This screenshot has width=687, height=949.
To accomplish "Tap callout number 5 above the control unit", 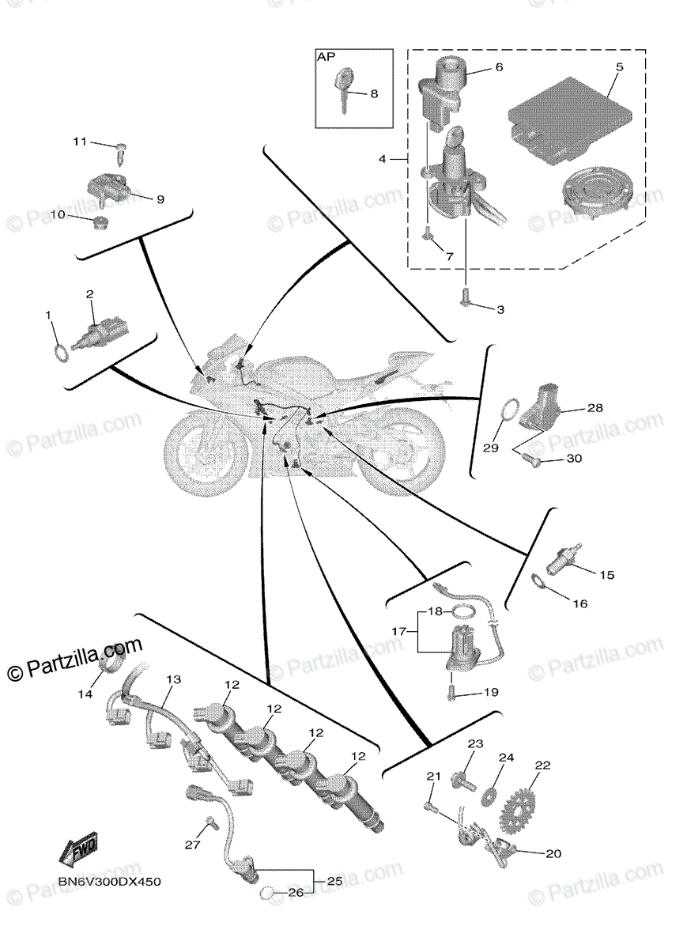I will (619, 67).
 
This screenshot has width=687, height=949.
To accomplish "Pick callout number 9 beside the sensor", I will (160, 200).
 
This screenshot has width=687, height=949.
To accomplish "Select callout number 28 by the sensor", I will (595, 409).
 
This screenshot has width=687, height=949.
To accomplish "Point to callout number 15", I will (606, 575).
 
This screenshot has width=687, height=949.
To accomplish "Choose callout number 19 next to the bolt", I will (490, 692).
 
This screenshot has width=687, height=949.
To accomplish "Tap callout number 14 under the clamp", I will (85, 694).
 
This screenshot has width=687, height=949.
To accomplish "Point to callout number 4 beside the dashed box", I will (382, 159).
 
